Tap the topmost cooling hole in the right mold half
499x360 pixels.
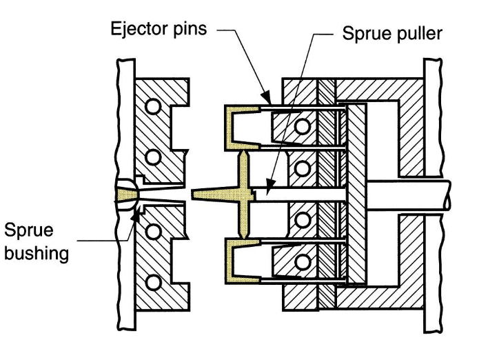click(x=302, y=125)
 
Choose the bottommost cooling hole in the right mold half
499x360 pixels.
click(x=302, y=260)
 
